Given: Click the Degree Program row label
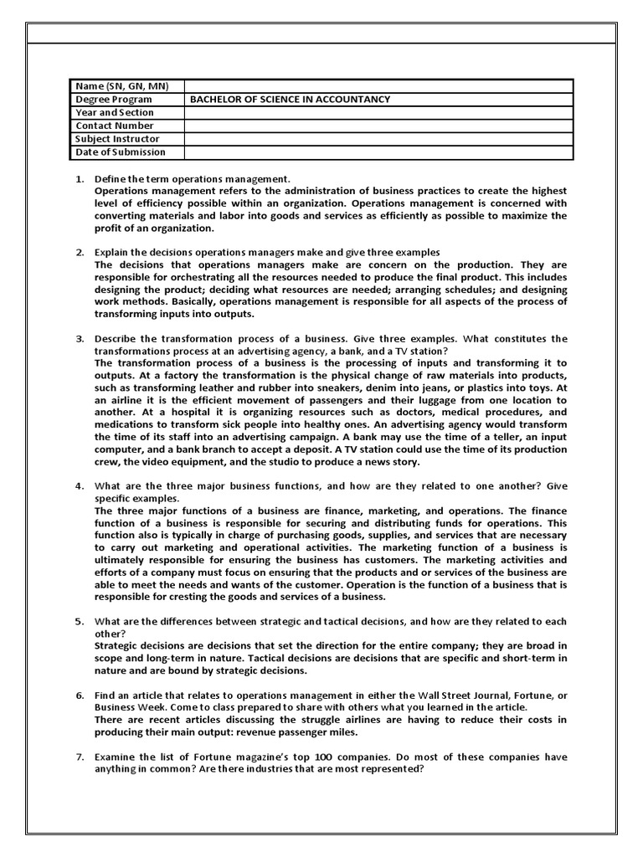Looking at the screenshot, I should pyautogui.click(x=114, y=99).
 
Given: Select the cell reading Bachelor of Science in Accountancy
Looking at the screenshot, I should pyautogui.click(x=290, y=99).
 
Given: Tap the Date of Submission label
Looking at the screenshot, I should pyautogui.click(x=121, y=152).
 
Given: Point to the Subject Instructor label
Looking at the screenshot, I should pyautogui.click(x=117, y=139).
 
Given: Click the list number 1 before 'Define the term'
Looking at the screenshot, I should pyautogui.click(x=80, y=179).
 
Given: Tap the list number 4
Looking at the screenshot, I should pyautogui.click(x=80, y=485).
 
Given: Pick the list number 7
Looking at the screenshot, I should pyautogui.click(x=80, y=757).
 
